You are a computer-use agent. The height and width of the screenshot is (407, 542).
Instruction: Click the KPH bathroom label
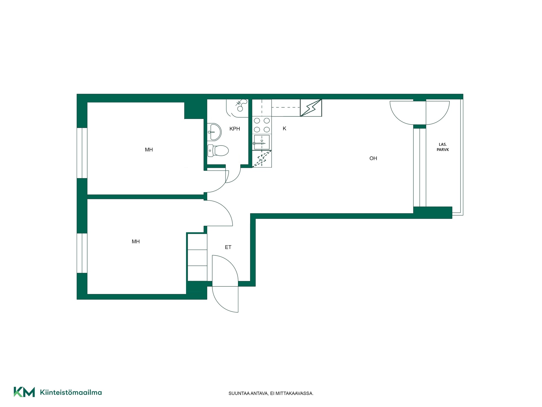(x=235, y=129)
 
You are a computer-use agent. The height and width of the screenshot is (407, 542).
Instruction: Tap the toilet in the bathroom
(x=218, y=150)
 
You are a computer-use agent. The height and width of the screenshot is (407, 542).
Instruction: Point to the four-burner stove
(x=262, y=125)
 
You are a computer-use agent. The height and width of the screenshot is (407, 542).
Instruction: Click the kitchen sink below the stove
(x=262, y=142)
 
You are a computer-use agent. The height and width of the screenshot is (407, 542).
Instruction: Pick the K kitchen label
(x=285, y=129)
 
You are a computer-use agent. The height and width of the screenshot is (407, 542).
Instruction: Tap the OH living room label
(x=373, y=159)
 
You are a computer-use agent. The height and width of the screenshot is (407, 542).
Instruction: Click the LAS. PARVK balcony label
(x=443, y=147)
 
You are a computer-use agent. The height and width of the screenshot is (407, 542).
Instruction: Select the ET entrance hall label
(x=228, y=247)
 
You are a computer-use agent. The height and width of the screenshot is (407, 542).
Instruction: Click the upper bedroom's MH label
(x=149, y=150)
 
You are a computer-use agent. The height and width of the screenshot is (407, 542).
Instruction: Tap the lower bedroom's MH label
(x=136, y=242)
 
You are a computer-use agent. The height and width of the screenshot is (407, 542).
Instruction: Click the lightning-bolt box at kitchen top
(x=311, y=108)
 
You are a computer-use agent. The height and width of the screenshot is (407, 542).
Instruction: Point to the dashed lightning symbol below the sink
(x=262, y=159)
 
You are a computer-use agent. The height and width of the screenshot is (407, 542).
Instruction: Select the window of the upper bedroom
(x=82, y=153)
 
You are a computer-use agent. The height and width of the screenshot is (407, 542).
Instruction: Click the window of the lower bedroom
(x=82, y=253)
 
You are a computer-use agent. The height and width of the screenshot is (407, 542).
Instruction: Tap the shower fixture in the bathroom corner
(x=237, y=108)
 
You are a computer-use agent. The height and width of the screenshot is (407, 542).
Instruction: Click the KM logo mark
(x=24, y=392)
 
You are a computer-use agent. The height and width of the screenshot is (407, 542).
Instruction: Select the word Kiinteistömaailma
(x=71, y=392)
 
